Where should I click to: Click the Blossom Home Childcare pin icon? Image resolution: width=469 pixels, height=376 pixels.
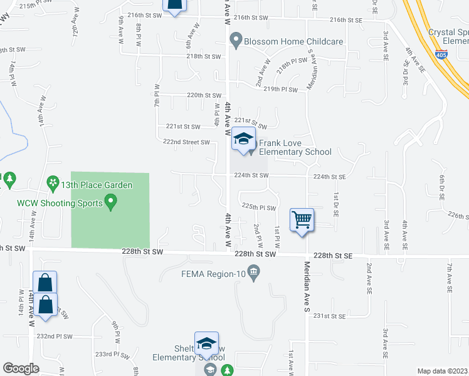pyautogui.click(x=236, y=41)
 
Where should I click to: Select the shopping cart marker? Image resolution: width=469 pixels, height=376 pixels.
pyautogui.click(x=302, y=221)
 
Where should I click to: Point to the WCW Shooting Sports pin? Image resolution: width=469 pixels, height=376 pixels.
pyautogui.click(x=112, y=202)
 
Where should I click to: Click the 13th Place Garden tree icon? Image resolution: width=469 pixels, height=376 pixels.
pyautogui.click(x=53, y=185)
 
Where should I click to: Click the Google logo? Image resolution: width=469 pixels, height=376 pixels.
pyautogui.click(x=21, y=368)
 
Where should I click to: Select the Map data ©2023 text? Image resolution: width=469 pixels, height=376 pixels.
pyautogui.click(x=442, y=371)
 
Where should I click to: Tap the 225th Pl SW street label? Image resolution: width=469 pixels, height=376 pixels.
pyautogui.click(x=259, y=207)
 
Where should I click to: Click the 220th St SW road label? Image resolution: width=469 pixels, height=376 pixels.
pyautogui.click(x=204, y=95)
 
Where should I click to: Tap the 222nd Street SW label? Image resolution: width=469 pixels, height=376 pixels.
pyautogui.click(x=186, y=142)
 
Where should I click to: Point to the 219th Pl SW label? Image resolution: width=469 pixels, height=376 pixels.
pyautogui.click(x=280, y=90)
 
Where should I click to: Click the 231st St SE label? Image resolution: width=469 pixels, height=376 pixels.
pyautogui.click(x=330, y=316)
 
